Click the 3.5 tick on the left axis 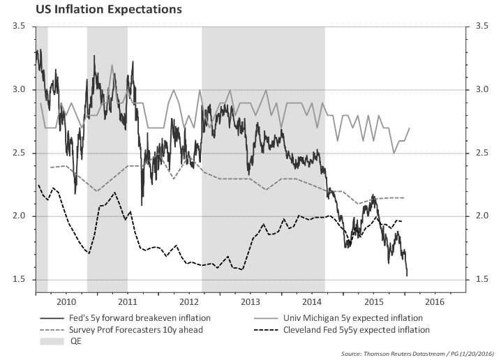click(19, 26)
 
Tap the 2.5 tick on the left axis click(19, 153)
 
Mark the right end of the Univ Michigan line click(410, 128)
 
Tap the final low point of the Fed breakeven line click(407, 275)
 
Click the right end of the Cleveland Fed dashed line click(403, 221)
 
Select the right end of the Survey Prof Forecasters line click(405, 198)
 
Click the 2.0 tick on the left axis click(19, 216)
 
